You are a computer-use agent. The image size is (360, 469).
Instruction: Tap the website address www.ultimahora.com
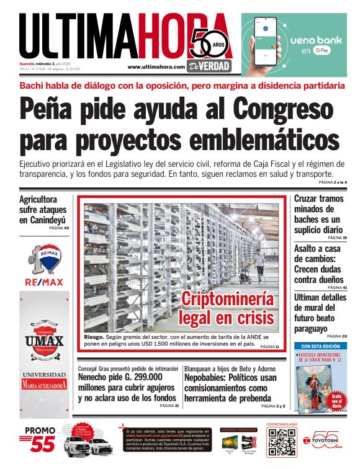[x=156, y=67]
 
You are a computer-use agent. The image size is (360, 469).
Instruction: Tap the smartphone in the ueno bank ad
[x=267, y=42]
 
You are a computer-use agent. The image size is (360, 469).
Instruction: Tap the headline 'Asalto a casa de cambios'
[x=319, y=264]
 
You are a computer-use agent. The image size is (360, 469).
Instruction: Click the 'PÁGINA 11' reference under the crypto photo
[x=269, y=346]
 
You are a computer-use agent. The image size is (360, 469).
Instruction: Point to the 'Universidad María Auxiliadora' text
[x=44, y=380]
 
